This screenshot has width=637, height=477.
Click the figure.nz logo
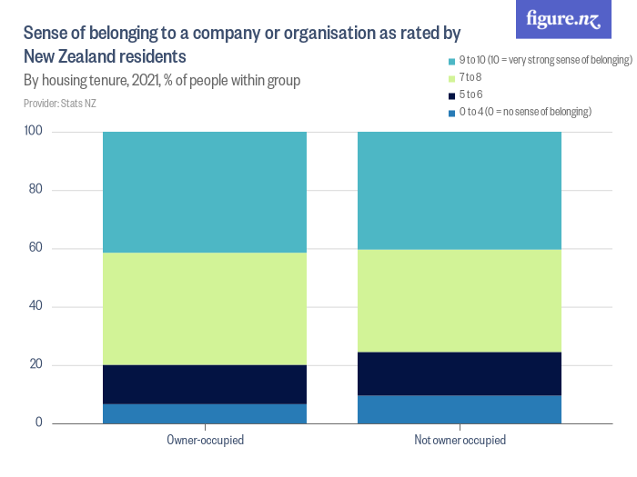coord(563,20)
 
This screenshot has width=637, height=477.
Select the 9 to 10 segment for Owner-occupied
coord(205,192)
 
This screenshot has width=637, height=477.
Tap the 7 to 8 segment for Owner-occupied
coord(205,309)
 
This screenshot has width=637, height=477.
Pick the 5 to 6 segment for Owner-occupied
coord(205,384)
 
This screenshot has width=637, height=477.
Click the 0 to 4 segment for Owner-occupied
coord(205,414)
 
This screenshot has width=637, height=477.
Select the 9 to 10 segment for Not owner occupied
coord(460,190)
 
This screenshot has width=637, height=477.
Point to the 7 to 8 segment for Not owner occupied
coord(460,301)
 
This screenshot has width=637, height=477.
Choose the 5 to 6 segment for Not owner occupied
coord(460,373)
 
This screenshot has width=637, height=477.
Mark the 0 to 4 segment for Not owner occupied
coord(460,410)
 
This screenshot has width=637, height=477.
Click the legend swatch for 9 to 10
coord(451,61)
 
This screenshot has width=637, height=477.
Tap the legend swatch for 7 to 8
coord(451,78)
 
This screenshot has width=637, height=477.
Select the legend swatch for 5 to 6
coord(451,94)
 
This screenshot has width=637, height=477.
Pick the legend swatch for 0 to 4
coord(451,112)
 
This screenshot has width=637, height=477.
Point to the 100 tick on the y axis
coord(34,132)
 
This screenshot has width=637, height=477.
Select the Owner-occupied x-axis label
coord(205,440)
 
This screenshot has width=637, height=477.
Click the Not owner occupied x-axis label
coord(460,440)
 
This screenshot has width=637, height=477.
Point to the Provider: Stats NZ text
coord(60,104)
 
